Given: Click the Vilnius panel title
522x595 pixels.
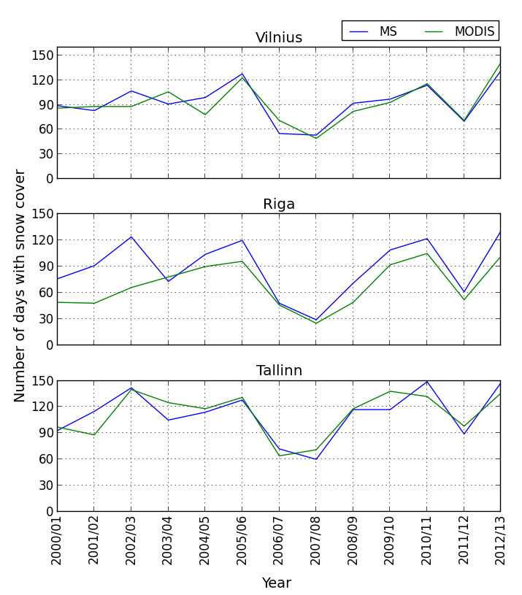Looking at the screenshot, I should pos(278,38).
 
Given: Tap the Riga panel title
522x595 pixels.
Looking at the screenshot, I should pos(278,204).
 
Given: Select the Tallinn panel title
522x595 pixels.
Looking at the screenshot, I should pos(278,371).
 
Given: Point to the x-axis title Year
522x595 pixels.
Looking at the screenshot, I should pos(277,583).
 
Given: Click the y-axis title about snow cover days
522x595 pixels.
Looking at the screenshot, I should pos(20,285).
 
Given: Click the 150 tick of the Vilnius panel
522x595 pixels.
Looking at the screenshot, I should pos(43,55).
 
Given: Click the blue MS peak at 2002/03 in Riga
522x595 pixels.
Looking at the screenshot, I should pos(131,237).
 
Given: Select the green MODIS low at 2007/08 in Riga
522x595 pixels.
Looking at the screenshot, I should pos(315,323).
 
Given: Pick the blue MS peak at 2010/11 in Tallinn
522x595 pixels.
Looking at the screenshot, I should pos(426,382).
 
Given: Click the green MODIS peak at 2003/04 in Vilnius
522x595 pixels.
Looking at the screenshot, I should pos(168,92).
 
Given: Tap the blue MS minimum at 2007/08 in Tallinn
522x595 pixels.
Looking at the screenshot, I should pos(315,459).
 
